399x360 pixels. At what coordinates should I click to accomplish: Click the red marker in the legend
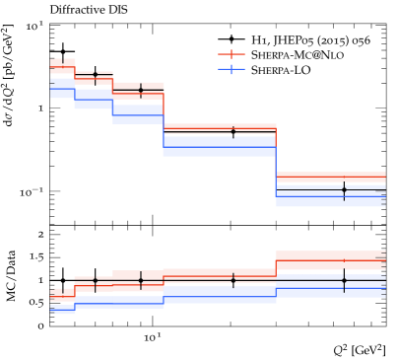tap(232, 54)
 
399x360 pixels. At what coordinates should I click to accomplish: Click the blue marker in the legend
tap(232, 69)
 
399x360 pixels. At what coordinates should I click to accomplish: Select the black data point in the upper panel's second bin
tap(95, 75)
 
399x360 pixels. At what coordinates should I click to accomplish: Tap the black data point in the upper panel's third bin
tap(140, 91)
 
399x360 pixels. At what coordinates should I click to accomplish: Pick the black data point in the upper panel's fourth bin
tap(233, 131)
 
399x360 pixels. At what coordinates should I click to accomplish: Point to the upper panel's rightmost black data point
tap(344, 188)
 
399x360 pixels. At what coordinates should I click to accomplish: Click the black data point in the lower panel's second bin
tap(95, 281)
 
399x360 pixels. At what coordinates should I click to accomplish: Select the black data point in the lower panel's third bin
tap(140, 280)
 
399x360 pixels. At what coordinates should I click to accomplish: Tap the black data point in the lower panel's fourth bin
tap(233, 280)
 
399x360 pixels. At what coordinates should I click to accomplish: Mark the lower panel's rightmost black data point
tap(344, 279)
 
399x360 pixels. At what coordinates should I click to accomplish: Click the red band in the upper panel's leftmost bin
tap(62, 66)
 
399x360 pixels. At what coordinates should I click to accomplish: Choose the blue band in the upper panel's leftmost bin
tap(62, 90)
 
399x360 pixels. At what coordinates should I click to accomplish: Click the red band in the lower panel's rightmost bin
tap(330, 258)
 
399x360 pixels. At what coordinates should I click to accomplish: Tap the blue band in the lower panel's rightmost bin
tap(330, 288)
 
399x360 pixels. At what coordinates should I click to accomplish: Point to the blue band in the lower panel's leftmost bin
tap(62, 309)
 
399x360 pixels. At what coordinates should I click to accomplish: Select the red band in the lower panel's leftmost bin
tap(62, 293)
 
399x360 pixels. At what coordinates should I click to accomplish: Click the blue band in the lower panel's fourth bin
tap(219, 293)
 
